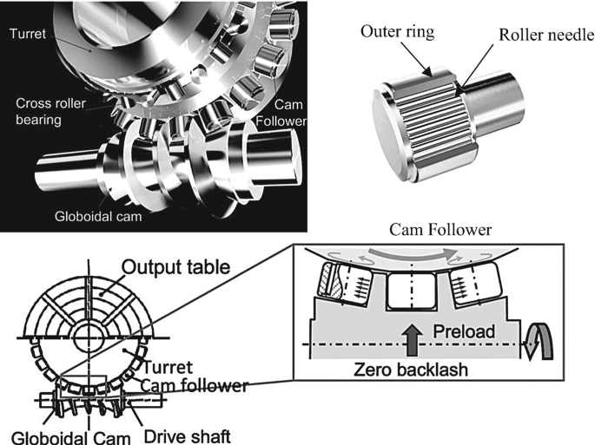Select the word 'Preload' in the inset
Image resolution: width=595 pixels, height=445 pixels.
[461, 331]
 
